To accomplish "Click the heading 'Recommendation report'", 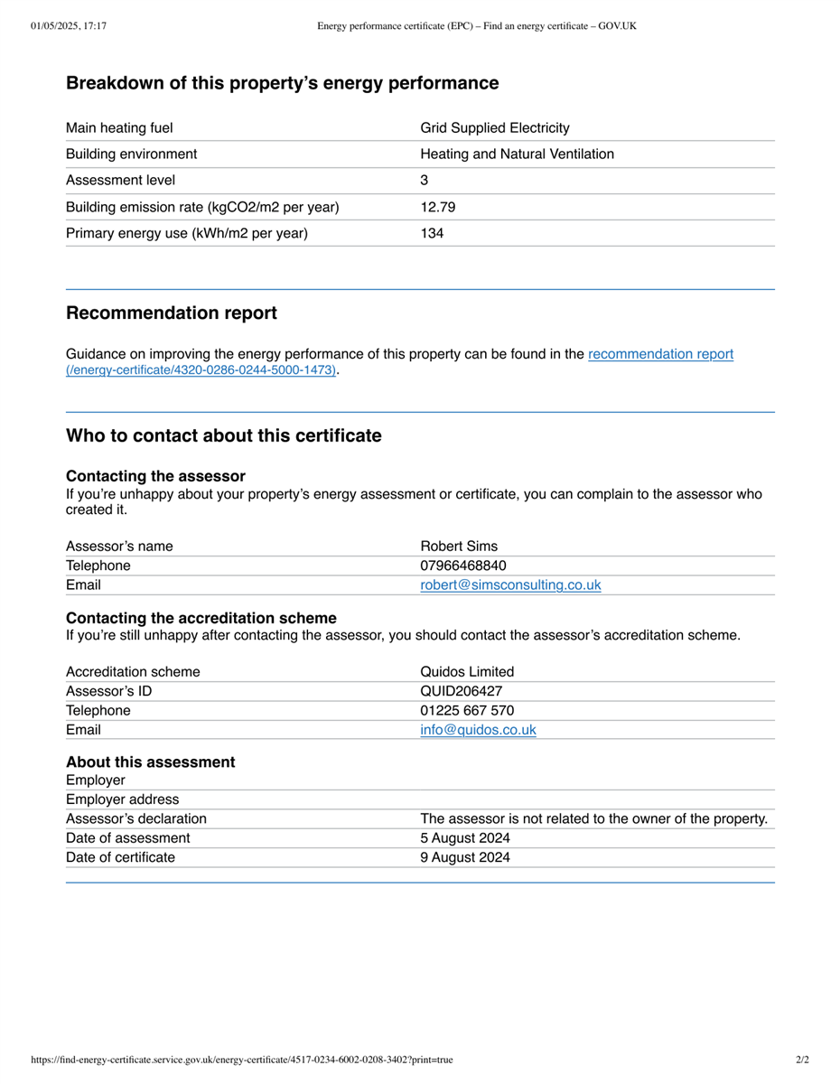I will click(x=172, y=313).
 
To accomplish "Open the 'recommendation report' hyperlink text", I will click(x=660, y=354).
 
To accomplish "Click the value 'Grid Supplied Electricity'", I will click(x=495, y=128).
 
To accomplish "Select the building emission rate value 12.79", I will click(x=438, y=207).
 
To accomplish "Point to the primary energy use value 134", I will click(x=433, y=233).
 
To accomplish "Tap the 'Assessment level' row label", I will click(x=121, y=181).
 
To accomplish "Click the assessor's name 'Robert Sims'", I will click(x=459, y=547).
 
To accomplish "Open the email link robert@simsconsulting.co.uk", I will click(x=510, y=585).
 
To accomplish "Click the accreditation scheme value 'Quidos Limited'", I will click(x=467, y=672).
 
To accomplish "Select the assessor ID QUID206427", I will click(x=462, y=691).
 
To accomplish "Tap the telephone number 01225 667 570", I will click(x=467, y=711).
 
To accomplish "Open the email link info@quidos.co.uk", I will click(x=478, y=730).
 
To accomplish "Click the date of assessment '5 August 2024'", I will click(x=465, y=838).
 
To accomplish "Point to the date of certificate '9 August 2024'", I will click(x=465, y=857).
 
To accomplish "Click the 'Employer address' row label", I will click(x=123, y=799).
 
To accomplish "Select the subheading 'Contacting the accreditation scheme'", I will click(x=201, y=618).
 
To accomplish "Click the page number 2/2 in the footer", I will click(x=802, y=1060).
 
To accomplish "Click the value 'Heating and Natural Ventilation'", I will click(x=518, y=154).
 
